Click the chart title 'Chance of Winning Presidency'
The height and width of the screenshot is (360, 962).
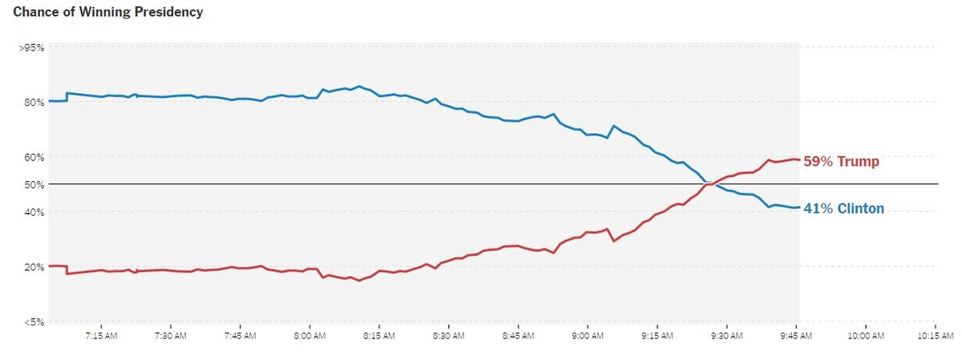(108, 12)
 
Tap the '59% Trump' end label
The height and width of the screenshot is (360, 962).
(841, 162)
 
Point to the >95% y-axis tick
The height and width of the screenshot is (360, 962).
(31, 47)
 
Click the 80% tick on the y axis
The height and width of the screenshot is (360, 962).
(33, 102)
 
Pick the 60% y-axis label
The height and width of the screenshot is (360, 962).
(33, 157)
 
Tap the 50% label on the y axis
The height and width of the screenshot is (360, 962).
(33, 184)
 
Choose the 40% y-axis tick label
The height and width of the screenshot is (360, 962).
(33, 212)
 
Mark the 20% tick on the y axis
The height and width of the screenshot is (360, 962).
(33, 267)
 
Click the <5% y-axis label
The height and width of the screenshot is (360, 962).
(32, 322)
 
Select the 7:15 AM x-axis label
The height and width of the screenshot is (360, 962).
(101, 336)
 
